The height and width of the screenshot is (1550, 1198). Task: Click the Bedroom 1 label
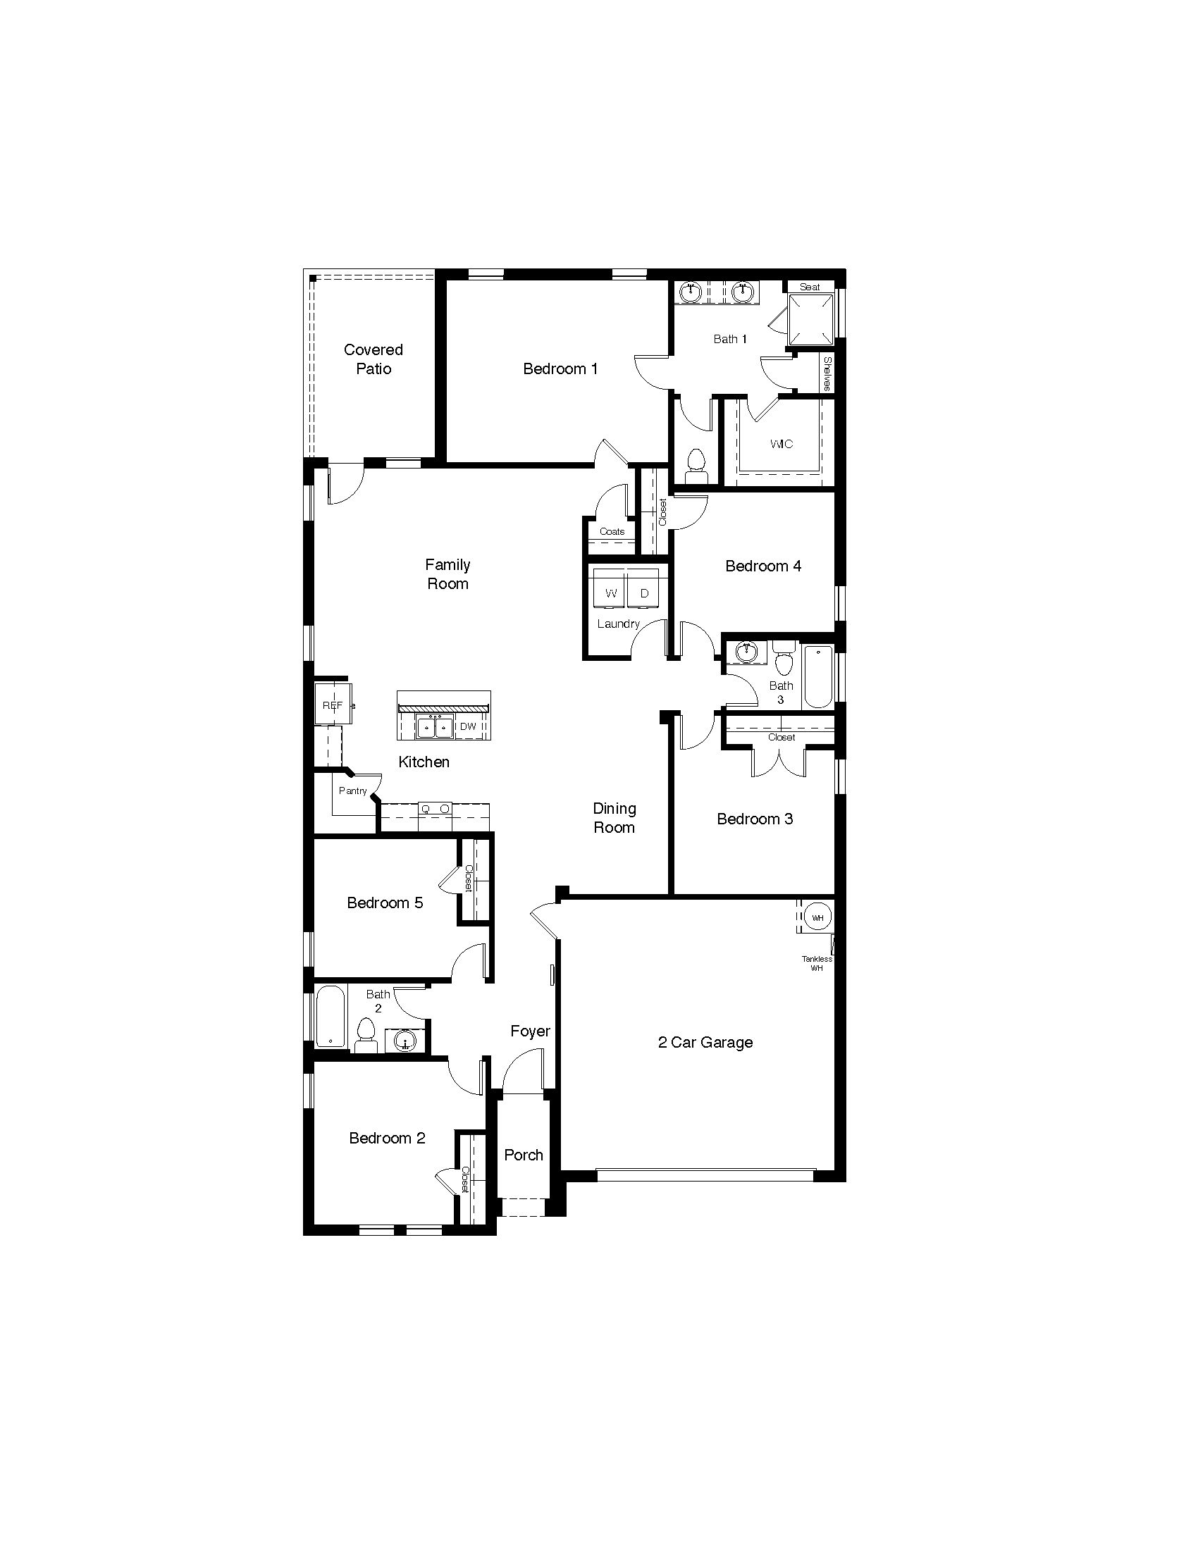click(x=560, y=368)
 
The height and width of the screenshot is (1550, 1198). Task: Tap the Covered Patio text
click(x=373, y=359)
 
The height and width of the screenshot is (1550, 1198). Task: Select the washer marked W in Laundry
click(x=610, y=593)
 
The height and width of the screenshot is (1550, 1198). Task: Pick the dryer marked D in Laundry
click(x=643, y=593)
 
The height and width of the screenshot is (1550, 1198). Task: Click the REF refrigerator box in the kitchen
click(x=333, y=705)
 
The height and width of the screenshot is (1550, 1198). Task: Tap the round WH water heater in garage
click(x=817, y=917)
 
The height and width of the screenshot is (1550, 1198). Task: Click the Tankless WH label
click(x=817, y=963)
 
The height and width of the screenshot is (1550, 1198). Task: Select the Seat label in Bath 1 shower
click(x=810, y=287)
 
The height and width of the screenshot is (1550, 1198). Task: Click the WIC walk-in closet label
click(x=782, y=445)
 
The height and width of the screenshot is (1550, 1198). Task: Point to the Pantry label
click(x=353, y=790)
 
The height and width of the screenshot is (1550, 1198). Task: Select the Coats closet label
click(x=612, y=531)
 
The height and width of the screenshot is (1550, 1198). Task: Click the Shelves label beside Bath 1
click(x=827, y=373)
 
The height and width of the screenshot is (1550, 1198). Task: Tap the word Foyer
click(x=530, y=1031)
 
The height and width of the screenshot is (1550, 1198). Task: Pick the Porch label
click(x=524, y=1155)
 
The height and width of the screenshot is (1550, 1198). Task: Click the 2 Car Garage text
click(x=705, y=1043)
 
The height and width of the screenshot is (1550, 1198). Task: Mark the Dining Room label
click(x=614, y=817)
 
